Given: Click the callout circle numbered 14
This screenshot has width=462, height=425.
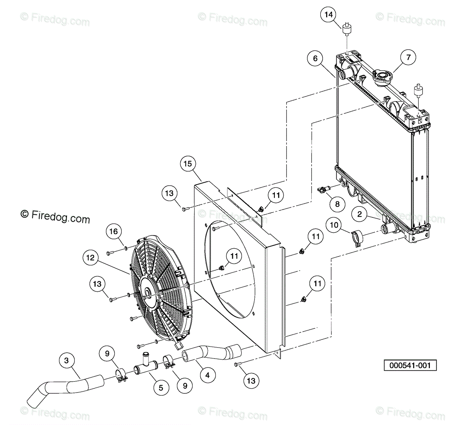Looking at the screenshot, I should (x=328, y=15).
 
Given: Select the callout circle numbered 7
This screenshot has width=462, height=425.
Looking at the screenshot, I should (x=408, y=58).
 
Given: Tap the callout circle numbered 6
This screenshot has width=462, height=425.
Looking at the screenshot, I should (x=315, y=59).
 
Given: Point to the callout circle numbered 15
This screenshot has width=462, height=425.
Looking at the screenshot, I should (x=188, y=163).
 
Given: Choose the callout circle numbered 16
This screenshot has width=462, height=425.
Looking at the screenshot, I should (x=114, y=232).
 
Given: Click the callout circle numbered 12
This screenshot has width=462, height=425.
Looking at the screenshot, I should (x=90, y=258).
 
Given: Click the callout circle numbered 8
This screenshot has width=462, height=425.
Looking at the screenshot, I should (x=337, y=203).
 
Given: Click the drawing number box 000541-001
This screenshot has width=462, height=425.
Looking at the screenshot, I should (x=410, y=366).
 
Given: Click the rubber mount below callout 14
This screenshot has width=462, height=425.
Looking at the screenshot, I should (x=346, y=30).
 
